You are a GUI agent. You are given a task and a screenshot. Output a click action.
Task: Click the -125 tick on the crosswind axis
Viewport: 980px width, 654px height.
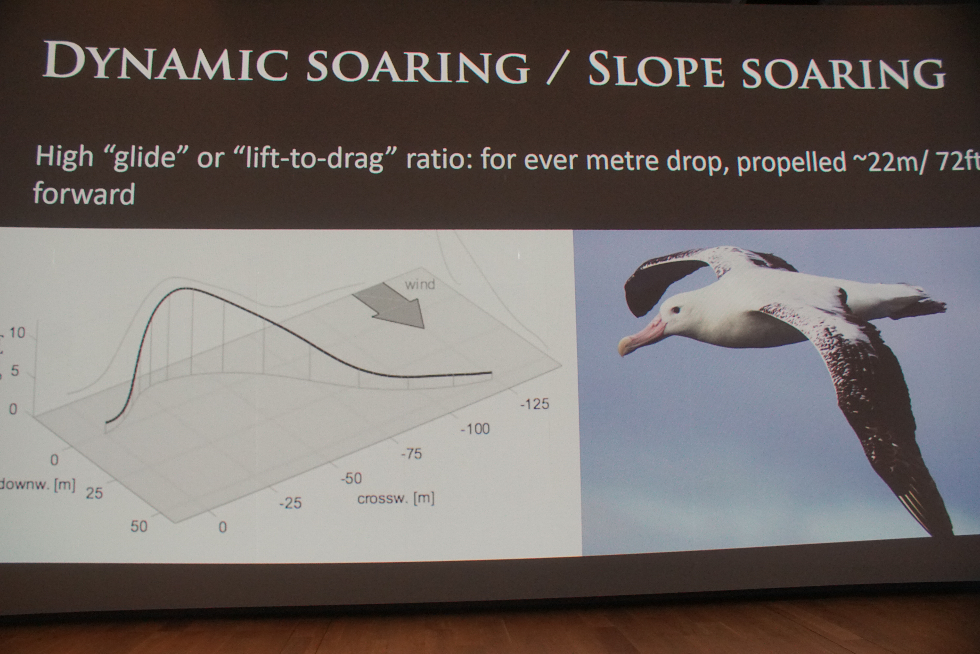[535, 404]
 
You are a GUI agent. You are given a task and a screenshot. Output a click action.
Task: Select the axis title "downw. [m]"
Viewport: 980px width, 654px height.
[38, 485]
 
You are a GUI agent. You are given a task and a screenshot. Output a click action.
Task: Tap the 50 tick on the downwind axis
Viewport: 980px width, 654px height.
[139, 526]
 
